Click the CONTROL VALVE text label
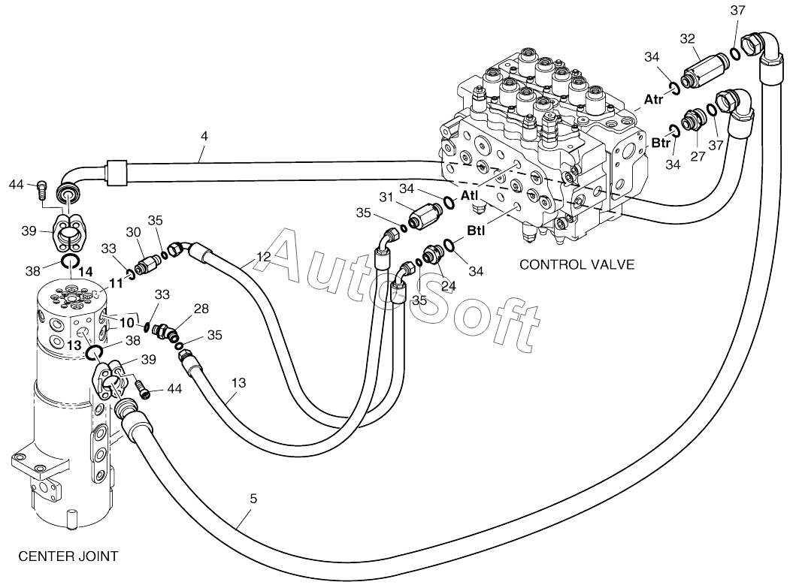click(577, 264)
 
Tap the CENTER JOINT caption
click(68, 556)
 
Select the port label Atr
click(653, 99)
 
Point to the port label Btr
click(661, 143)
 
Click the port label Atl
click(470, 194)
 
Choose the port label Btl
click(476, 231)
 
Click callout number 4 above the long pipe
click(204, 136)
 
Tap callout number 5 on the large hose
click(253, 499)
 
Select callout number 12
click(264, 258)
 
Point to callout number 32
click(687, 39)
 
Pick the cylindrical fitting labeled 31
click(425, 216)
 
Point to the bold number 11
click(117, 283)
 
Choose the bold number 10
click(127, 323)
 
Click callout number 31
click(386, 197)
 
